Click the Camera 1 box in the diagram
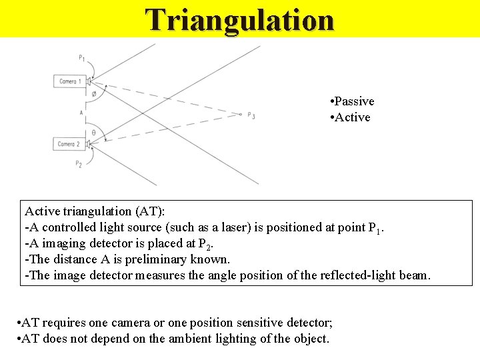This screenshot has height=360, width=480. [70, 81]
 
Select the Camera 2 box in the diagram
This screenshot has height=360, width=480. [69, 144]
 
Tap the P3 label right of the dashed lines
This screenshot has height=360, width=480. [251, 115]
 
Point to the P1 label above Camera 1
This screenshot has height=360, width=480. [81, 58]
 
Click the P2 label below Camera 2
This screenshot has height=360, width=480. [79, 163]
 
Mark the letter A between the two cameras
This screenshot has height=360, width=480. [81, 113]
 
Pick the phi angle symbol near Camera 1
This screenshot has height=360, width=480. [93, 94]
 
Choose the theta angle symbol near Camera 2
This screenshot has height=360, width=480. [93, 133]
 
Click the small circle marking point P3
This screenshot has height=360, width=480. [240, 114]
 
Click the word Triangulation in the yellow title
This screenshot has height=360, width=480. [240, 19]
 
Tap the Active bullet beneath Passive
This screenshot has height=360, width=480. [353, 117]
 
